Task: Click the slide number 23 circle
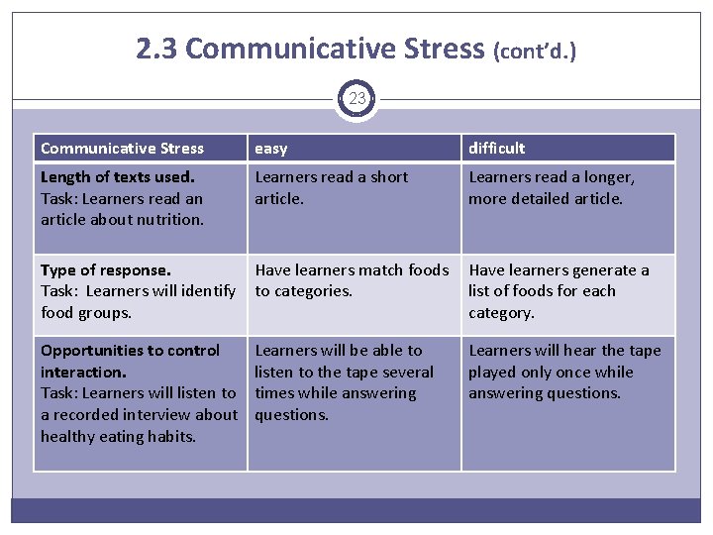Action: click(356, 99)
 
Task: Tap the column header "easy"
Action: click(271, 149)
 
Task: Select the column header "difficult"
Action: click(496, 149)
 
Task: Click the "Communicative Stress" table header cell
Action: click(122, 149)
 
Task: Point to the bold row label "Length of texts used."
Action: click(118, 176)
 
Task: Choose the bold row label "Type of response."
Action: click(105, 269)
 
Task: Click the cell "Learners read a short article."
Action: click(331, 187)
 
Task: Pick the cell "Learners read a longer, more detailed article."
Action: click(551, 187)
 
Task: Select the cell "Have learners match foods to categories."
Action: click(352, 280)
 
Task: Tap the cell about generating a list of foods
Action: click(559, 291)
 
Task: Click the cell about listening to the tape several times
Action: click(344, 382)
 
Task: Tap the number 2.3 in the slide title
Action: click(157, 49)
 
